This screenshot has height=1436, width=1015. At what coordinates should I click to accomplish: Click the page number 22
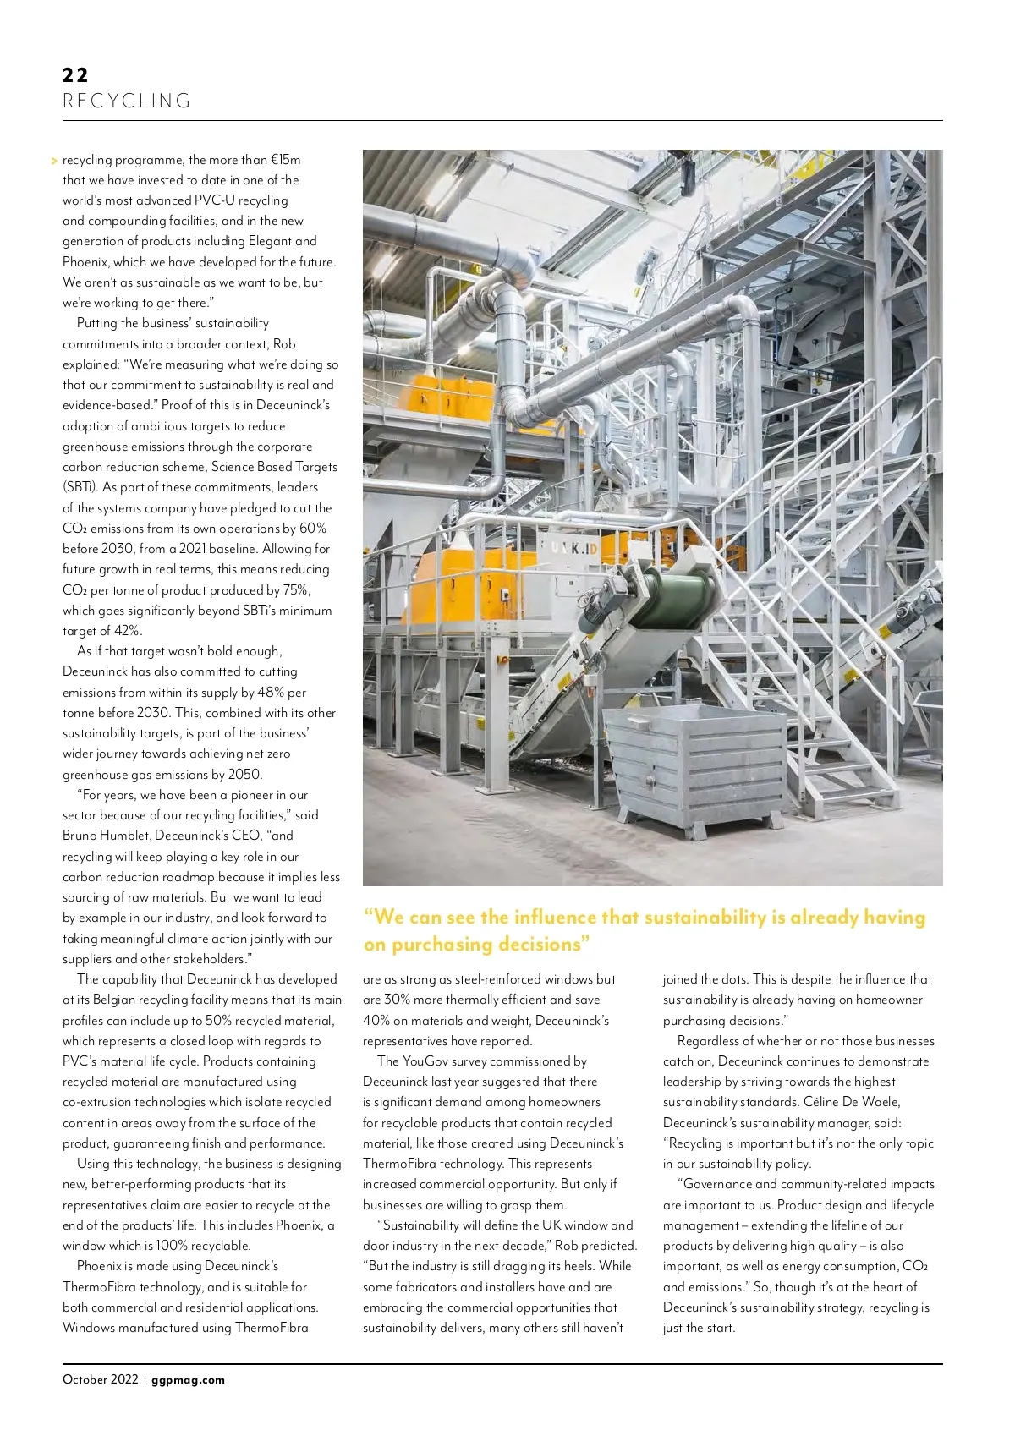click(75, 74)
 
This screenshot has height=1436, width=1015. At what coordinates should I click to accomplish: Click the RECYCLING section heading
click(127, 101)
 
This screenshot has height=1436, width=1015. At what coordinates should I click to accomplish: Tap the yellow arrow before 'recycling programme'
click(54, 160)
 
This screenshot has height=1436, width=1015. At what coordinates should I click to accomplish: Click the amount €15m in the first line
click(285, 160)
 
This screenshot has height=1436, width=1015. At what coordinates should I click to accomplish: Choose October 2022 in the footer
click(100, 1379)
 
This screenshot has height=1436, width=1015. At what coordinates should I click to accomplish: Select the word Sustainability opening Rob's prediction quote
click(425, 1225)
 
